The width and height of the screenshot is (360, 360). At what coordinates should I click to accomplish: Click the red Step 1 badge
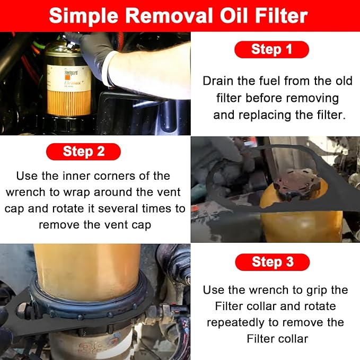pos(271,49)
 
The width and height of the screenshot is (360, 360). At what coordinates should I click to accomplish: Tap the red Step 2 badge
pos(83,152)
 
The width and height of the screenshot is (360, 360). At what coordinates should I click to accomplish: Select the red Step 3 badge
pos(273,262)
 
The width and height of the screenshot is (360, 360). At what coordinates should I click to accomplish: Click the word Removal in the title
pos(169,16)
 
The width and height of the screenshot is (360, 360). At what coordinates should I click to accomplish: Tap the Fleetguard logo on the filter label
pos(71,73)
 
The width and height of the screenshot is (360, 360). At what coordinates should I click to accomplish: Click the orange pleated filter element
pos(69,102)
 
